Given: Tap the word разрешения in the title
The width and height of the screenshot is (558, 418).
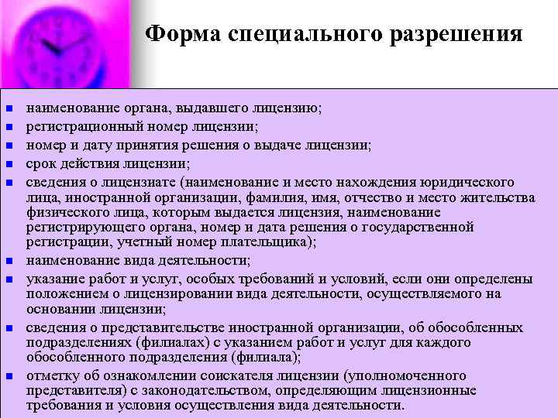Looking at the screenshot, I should pos(455,35).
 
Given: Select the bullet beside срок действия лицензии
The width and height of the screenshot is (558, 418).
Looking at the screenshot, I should pos(9,164).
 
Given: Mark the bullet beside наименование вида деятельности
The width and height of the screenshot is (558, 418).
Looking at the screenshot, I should pos(9,260).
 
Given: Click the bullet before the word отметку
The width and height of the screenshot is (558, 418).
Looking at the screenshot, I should pos(9,376).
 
